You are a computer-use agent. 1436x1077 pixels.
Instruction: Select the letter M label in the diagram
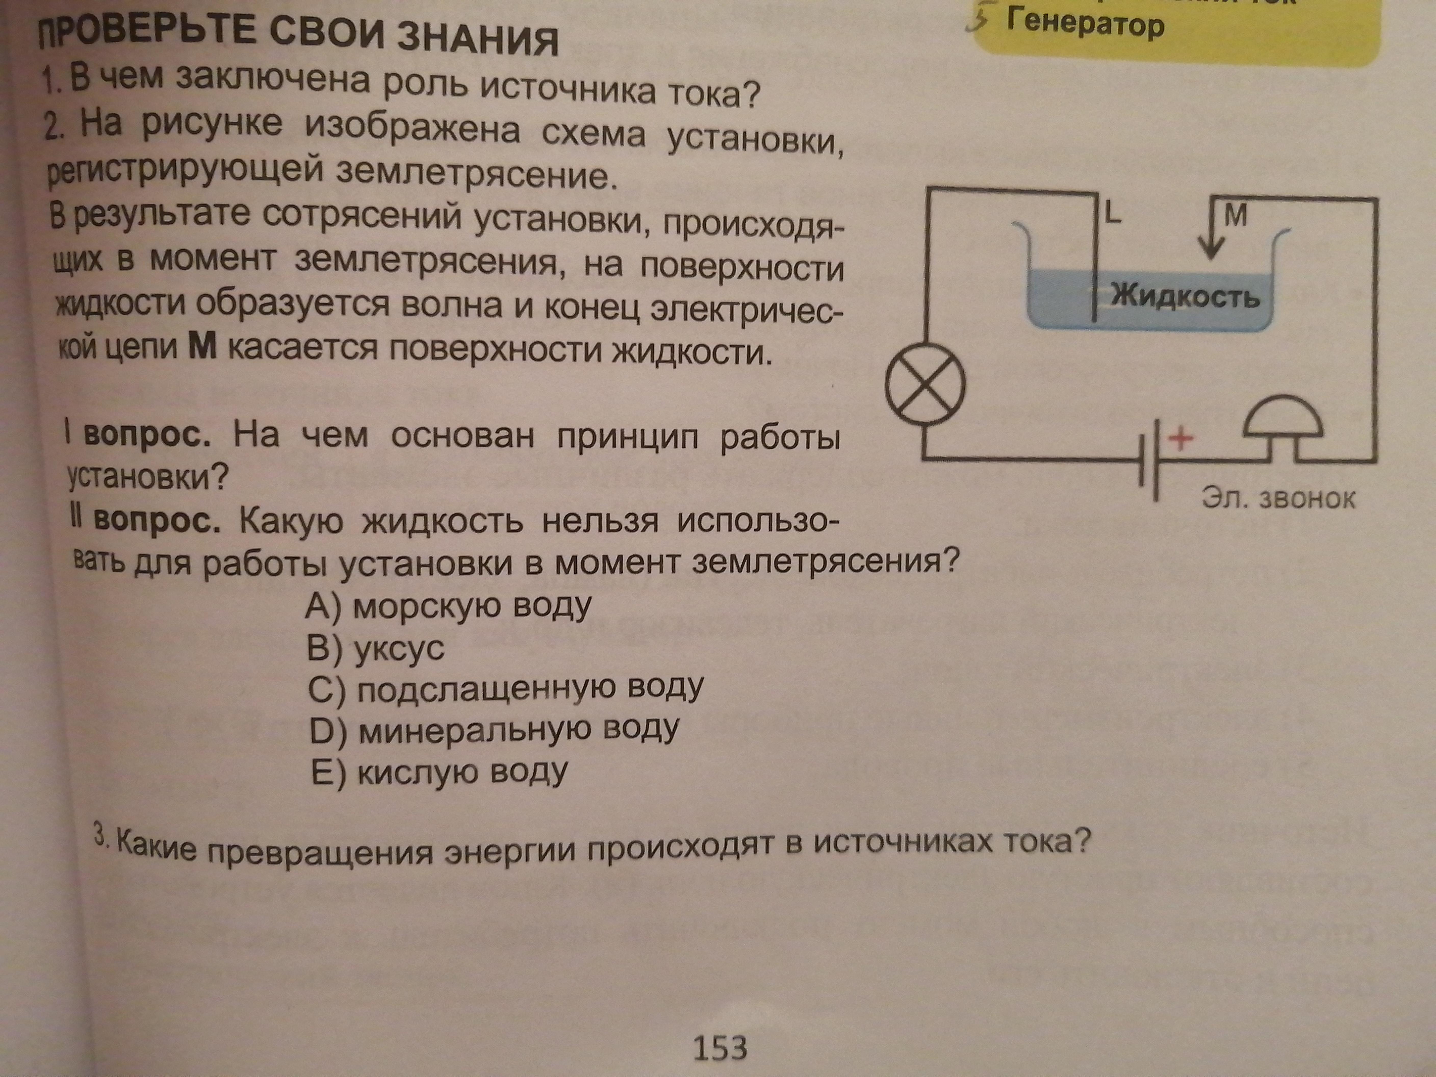pyautogui.click(x=1235, y=215)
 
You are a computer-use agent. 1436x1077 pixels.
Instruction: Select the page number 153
pyautogui.click(x=720, y=1047)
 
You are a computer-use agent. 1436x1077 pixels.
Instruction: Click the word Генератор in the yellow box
pyautogui.click(x=1085, y=25)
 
